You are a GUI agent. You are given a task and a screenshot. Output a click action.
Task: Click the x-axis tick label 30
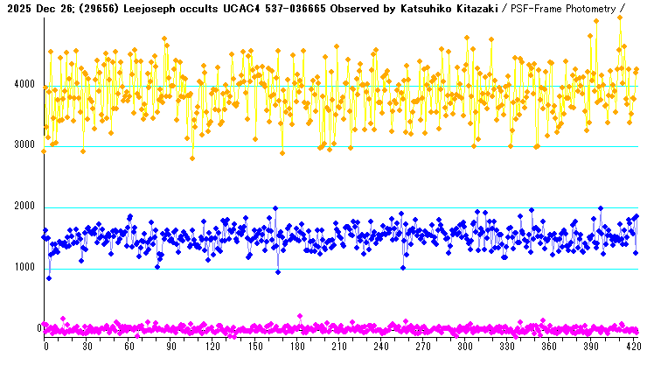(87, 347)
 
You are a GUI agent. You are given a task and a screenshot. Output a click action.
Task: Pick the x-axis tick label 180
(296, 347)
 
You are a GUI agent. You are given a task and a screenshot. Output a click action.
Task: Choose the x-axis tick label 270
(422, 347)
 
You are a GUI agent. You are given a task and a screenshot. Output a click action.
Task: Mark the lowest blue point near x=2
(49, 278)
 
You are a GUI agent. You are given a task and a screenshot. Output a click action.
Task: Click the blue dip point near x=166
(278, 271)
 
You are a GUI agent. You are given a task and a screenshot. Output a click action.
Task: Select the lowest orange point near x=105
(192, 158)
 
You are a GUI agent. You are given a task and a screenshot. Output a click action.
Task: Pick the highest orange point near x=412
(620, 18)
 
